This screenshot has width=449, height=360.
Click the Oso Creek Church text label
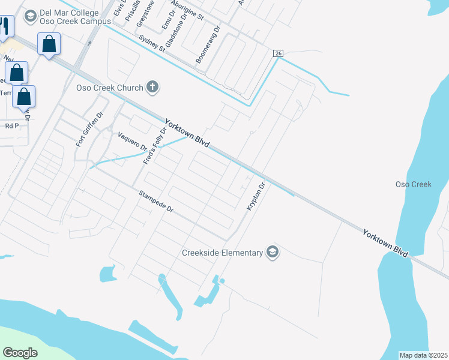109,88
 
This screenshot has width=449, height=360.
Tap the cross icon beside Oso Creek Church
153,88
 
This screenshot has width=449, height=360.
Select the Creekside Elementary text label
222,253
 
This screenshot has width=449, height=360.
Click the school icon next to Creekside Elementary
273,252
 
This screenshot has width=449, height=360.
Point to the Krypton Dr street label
256,196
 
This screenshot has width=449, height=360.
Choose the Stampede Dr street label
155,202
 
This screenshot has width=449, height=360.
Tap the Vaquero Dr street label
133,141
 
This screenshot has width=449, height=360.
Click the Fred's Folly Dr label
154,146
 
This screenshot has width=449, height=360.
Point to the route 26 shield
277,53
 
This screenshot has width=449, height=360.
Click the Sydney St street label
151,44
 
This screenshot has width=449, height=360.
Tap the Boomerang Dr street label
208,44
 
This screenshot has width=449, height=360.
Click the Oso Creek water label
414,184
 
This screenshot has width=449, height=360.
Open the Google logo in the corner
20,352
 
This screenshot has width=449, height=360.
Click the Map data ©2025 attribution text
424,355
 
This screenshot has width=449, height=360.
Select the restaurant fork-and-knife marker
5,25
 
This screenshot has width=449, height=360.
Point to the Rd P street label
11,126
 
